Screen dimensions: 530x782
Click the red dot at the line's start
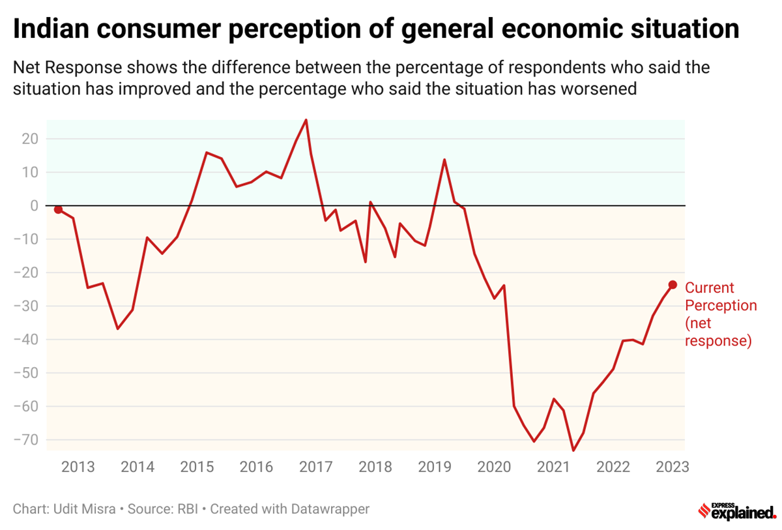[x=58, y=209]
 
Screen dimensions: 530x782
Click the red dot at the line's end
[x=673, y=285]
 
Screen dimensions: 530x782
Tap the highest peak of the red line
[x=306, y=120]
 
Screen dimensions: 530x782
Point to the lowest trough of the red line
[x=573, y=450]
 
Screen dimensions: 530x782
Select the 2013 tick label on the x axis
[x=78, y=467]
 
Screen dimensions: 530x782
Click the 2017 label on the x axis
[x=315, y=467]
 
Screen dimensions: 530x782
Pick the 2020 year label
[x=495, y=467]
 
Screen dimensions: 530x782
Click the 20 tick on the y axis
[x=29, y=139]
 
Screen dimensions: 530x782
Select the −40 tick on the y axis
[x=25, y=340]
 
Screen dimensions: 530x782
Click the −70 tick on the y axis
[x=25, y=440]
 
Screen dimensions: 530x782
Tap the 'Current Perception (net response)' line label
[x=720, y=314]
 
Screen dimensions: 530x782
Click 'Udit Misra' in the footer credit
[x=81, y=508]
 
